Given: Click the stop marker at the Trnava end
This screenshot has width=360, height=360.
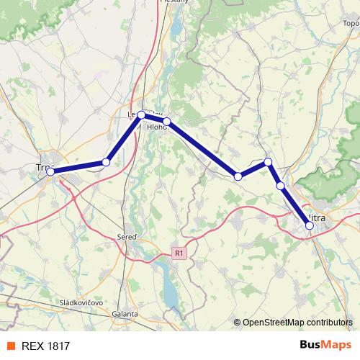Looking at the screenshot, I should point(50,171).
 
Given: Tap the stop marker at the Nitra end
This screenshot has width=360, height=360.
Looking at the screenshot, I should point(310,225).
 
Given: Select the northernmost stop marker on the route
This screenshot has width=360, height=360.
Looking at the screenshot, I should point(142,115).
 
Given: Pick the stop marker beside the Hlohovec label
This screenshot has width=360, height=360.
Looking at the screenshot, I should point(166,122).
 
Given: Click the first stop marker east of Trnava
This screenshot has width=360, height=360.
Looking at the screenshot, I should point(106,162).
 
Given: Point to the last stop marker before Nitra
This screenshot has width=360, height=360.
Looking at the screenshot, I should point(280,186).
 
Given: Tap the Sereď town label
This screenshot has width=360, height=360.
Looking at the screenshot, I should point(127,236).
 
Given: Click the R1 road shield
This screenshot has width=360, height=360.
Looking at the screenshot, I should point(179,253).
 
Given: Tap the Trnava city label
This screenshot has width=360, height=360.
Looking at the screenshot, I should point(42,167).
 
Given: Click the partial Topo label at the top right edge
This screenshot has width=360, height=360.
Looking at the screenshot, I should point(351,23).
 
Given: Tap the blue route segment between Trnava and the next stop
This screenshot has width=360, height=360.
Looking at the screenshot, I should point(78,167).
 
